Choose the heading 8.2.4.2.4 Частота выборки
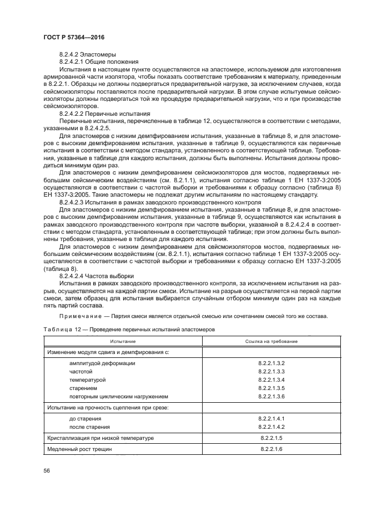(x=96, y=275)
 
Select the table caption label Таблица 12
(x=62, y=330)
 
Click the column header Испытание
(x=123, y=341)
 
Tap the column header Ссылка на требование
(x=272, y=341)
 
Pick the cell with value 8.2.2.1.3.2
(x=272, y=363)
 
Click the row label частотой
(x=81, y=372)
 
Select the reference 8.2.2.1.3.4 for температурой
(x=272, y=380)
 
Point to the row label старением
(x=83, y=388)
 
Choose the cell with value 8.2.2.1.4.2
(x=272, y=427)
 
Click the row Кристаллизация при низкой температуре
(x=100, y=438)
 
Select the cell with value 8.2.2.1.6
(x=272, y=449)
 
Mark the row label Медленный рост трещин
(x=79, y=449)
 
